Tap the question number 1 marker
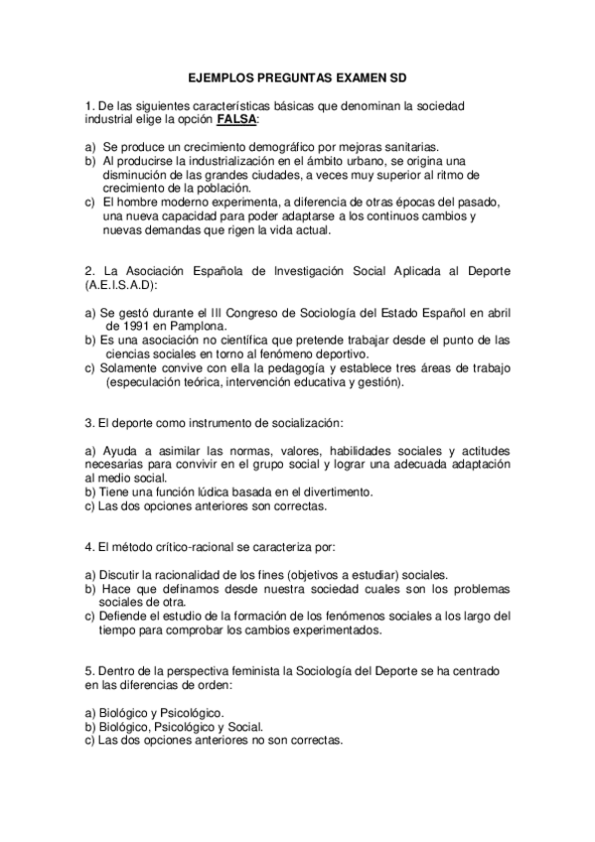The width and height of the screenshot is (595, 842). click(88, 105)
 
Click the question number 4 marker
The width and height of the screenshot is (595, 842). click(88, 547)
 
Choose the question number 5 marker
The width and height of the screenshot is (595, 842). click(88, 672)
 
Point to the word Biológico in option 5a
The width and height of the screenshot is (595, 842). click(125, 713)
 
